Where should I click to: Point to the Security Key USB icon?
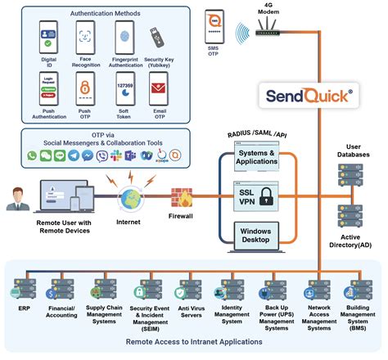pyautogui.click(x=156, y=37)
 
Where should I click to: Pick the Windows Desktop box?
pyautogui.click(x=256, y=236)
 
